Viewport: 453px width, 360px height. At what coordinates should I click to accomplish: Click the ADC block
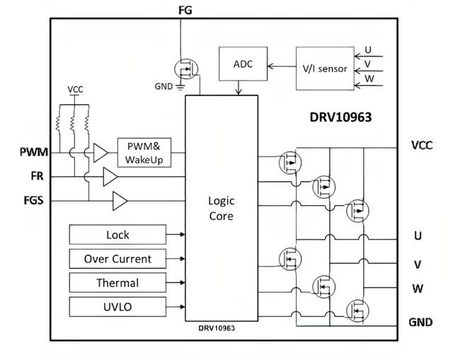(243, 65)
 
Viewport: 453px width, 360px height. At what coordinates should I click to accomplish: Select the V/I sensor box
(325, 69)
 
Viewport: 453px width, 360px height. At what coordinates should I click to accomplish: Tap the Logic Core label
(221, 208)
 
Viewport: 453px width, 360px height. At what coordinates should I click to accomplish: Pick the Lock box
(117, 235)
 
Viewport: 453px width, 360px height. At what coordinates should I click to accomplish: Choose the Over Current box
(117, 259)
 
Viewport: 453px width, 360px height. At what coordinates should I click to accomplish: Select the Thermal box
(117, 283)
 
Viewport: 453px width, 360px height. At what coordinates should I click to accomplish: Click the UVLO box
(117, 307)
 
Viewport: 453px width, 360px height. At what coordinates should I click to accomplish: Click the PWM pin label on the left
(34, 151)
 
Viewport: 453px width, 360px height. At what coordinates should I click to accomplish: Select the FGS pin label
(33, 200)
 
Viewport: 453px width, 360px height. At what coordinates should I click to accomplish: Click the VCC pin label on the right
(422, 145)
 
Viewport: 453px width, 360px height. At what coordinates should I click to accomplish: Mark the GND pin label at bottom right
(421, 322)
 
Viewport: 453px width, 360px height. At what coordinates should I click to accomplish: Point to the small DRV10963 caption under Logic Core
(220, 329)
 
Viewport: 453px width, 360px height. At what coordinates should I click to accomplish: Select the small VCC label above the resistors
(75, 91)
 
